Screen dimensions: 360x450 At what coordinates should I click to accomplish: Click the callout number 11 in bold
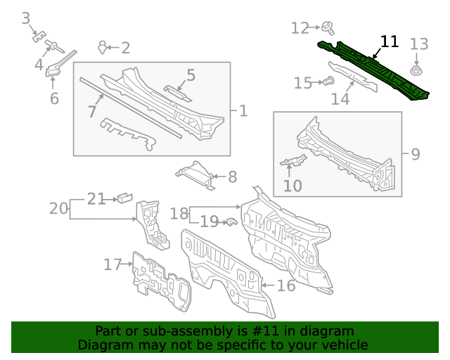(x=390, y=41)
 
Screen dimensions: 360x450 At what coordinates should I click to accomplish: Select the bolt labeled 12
(x=328, y=28)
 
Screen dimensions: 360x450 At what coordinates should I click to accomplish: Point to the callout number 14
(x=340, y=98)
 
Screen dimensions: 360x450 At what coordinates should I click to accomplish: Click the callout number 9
(x=415, y=153)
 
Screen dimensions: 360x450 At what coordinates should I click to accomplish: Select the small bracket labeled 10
(x=292, y=162)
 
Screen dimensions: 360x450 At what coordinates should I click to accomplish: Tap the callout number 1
(x=243, y=110)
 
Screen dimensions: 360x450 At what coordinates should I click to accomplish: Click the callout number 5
(x=191, y=75)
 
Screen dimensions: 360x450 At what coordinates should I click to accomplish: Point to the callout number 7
(x=92, y=110)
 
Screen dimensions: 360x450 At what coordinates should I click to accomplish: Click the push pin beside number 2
(x=103, y=47)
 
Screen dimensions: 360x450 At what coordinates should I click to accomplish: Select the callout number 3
(x=26, y=18)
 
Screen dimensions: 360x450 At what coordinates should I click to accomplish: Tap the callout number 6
(x=54, y=98)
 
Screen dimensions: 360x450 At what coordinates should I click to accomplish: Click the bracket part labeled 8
(x=195, y=174)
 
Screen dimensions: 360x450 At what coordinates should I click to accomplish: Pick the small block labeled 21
(x=125, y=198)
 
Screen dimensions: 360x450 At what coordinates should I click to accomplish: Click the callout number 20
(x=59, y=208)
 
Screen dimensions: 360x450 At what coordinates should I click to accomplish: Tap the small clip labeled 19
(x=229, y=222)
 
